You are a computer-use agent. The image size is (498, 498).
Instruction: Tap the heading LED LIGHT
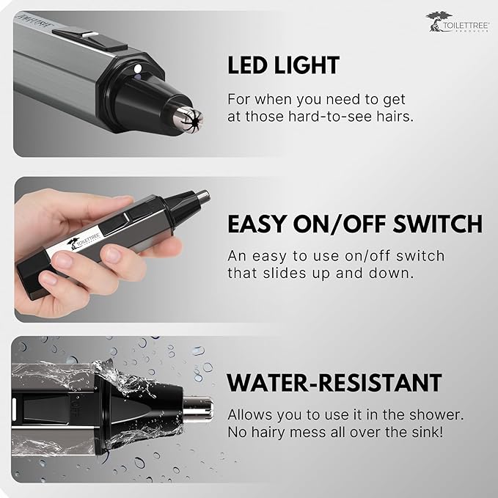283,65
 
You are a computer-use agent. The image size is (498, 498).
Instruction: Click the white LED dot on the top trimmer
138,69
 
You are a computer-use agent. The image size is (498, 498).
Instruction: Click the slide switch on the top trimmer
89,39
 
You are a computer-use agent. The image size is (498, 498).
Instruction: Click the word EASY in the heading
257,224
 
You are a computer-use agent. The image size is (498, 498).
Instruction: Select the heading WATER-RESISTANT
334,383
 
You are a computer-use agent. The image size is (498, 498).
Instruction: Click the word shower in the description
436,415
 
